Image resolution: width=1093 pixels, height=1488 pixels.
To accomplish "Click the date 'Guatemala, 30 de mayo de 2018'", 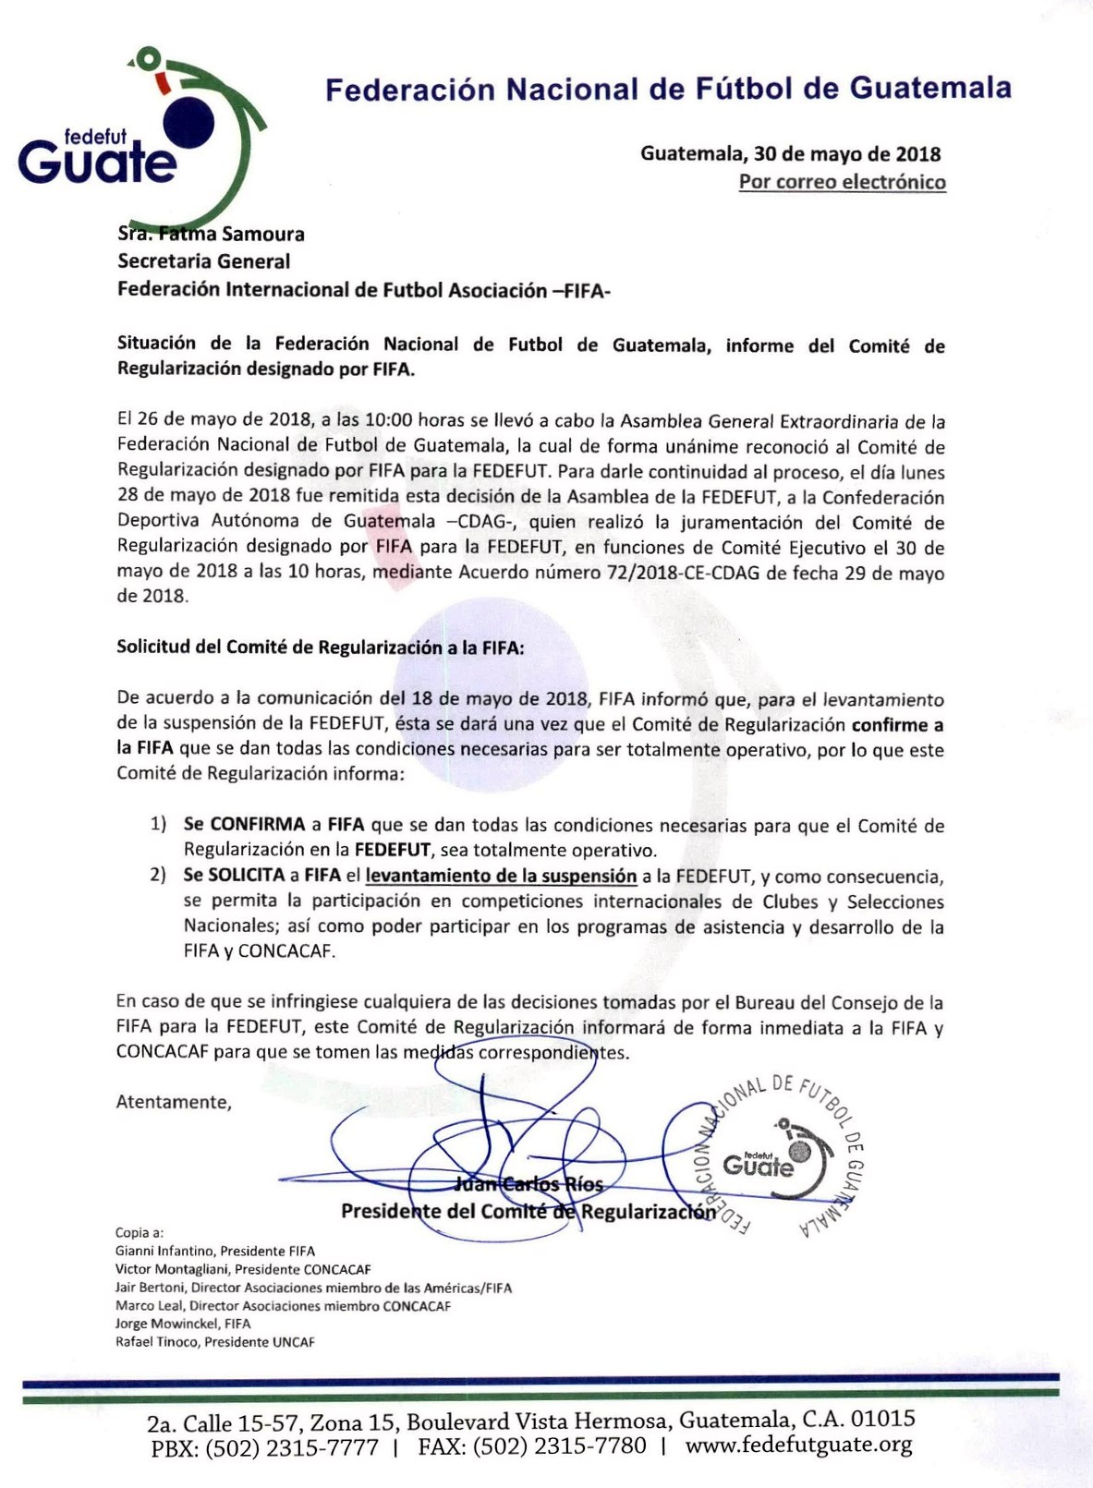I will (x=790, y=153).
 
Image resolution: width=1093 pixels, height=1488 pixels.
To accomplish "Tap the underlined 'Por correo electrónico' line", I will (x=842, y=182).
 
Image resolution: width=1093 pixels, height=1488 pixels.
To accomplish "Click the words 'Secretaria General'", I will (x=203, y=261).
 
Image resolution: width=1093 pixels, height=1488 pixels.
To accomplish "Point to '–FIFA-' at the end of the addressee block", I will (x=581, y=291).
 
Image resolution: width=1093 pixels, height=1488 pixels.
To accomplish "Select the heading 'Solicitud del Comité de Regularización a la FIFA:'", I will (x=320, y=647).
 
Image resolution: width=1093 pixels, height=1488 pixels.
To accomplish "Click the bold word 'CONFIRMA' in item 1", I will (x=258, y=825).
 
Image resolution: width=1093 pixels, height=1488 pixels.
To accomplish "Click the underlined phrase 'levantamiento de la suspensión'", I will (x=501, y=876).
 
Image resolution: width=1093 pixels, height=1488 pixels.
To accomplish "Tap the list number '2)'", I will (x=158, y=875).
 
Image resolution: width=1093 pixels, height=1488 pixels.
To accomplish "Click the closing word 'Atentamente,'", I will (x=174, y=1102).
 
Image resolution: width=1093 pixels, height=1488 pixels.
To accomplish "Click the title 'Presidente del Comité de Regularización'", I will (x=528, y=1211).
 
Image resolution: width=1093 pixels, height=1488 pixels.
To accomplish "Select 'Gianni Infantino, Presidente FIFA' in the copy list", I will (x=215, y=1251).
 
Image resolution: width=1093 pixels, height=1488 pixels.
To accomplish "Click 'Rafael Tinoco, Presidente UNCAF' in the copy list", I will (x=214, y=1342).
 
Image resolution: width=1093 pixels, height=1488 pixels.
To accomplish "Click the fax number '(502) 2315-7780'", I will (x=559, y=1446).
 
